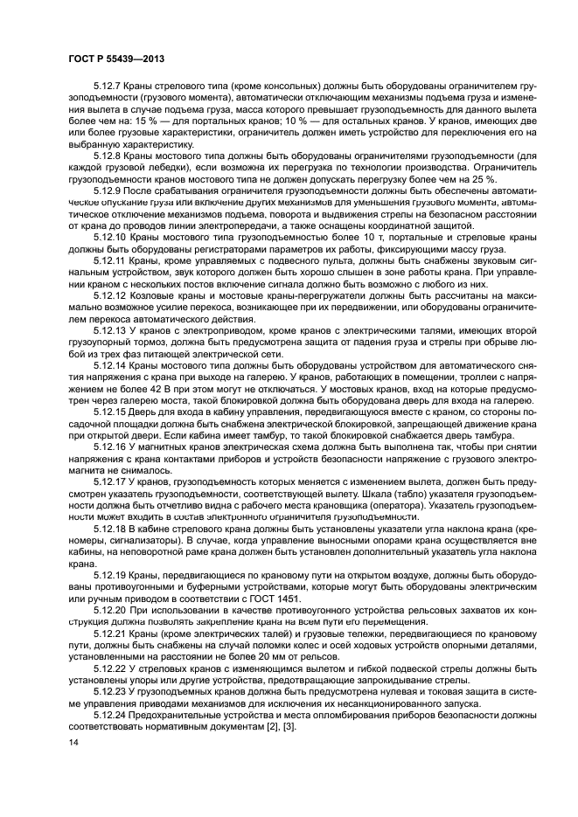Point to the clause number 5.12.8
[x=108, y=156]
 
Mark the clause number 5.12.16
[x=111, y=447]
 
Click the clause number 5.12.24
[x=111, y=713]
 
